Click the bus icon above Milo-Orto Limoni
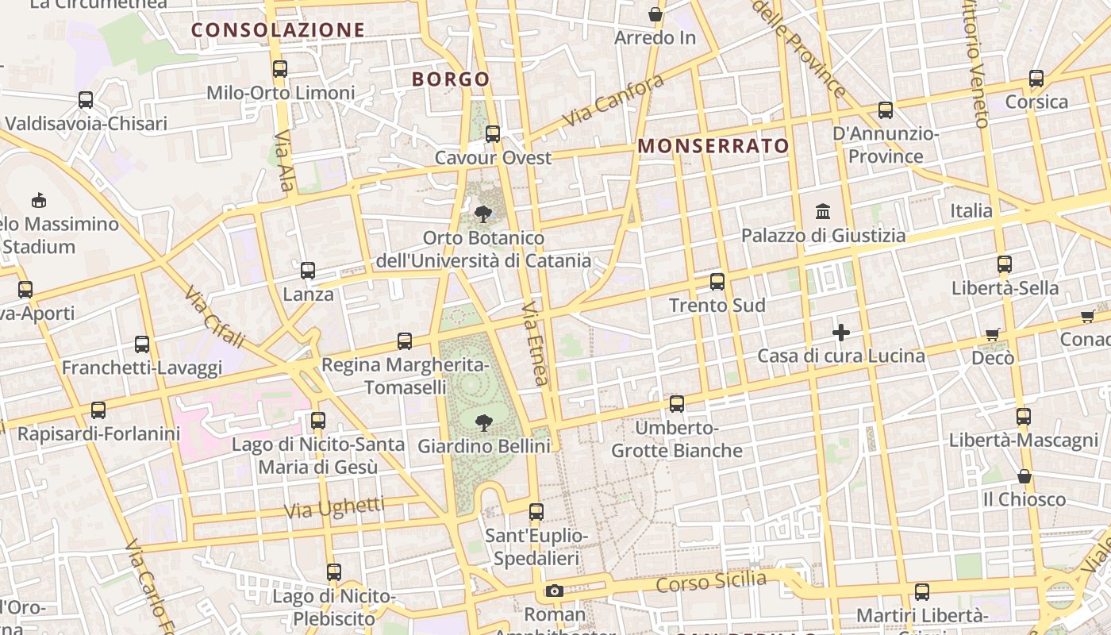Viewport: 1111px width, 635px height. click(279, 69)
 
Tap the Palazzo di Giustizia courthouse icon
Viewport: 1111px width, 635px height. click(823, 212)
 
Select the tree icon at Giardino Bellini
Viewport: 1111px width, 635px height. click(483, 422)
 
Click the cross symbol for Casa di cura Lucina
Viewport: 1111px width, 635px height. click(841, 333)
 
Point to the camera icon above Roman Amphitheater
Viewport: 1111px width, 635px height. click(555, 591)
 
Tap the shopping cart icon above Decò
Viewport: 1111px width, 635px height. click(992, 334)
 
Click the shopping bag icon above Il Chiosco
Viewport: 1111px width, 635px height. click(1025, 476)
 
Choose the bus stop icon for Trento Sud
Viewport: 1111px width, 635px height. click(717, 282)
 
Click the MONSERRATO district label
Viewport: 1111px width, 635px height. click(713, 146)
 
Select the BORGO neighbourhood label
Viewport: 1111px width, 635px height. click(451, 79)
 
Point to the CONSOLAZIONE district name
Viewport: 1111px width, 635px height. click(278, 30)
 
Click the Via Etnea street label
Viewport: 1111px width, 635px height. click(536, 344)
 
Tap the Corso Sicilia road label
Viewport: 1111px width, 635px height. click(712, 582)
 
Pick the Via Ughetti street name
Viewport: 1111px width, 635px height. click(334, 508)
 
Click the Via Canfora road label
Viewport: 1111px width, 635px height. click(613, 101)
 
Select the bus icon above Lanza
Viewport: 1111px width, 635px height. click(308, 271)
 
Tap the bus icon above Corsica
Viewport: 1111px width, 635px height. click(1036, 79)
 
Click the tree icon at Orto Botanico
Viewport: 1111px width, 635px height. click(482, 214)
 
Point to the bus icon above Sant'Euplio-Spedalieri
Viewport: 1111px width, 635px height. click(536, 512)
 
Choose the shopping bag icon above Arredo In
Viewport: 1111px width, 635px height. click(655, 14)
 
